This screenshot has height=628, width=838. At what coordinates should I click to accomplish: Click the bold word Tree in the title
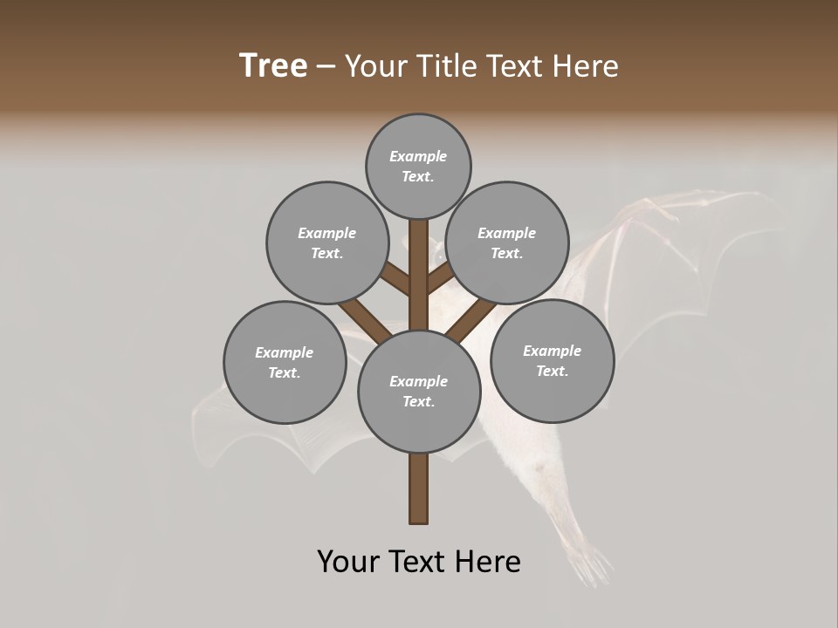click(x=273, y=65)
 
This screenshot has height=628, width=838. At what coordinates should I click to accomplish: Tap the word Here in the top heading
click(x=587, y=65)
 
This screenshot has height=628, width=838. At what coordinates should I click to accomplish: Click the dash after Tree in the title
click(x=326, y=66)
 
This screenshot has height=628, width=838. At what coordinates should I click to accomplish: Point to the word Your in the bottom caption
click(x=349, y=562)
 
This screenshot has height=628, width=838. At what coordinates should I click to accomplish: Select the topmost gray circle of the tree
click(x=418, y=166)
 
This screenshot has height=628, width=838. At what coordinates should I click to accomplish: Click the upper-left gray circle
click(x=326, y=242)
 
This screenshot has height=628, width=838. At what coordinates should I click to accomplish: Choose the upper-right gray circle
click(x=507, y=242)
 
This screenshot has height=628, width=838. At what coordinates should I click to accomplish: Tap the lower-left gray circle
click(x=285, y=362)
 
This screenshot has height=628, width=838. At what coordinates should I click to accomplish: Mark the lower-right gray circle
click(x=552, y=360)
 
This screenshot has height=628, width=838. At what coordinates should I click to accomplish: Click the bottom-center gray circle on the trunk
click(x=419, y=391)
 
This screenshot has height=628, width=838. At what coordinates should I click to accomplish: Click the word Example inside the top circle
click(x=418, y=156)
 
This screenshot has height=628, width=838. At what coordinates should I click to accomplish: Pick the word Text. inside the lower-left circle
click(x=285, y=372)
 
